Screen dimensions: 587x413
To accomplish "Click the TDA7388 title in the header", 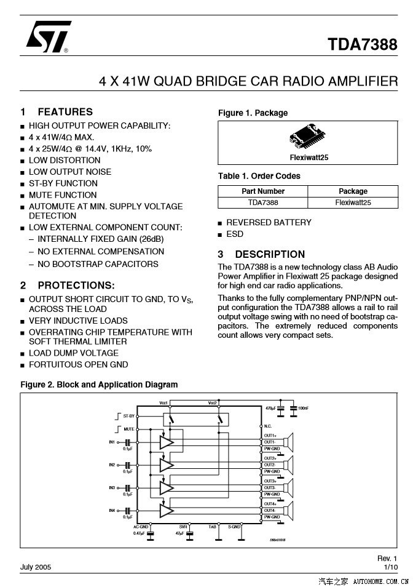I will [x=362, y=45].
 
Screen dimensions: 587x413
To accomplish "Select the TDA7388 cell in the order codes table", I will [x=263, y=202].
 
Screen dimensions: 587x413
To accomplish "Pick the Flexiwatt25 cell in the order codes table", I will [x=353, y=202].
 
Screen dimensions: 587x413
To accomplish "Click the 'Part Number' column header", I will [x=263, y=191].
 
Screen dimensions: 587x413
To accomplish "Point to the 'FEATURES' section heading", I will [x=65, y=112].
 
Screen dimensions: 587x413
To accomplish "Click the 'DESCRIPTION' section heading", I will [x=270, y=254].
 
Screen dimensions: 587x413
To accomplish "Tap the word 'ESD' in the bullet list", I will [x=235, y=234].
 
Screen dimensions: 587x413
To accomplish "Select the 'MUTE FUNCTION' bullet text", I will [x=63, y=195].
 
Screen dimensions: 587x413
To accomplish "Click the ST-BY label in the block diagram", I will [x=128, y=417].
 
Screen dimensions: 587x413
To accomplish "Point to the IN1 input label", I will [x=112, y=442].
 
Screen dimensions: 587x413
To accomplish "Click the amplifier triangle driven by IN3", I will [x=167, y=488].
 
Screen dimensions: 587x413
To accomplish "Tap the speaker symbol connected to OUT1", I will [x=290, y=442].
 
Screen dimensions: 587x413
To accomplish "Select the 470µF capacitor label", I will [x=270, y=408].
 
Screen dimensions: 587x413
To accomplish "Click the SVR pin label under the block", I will [x=183, y=527].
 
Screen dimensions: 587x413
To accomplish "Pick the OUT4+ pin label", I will [x=270, y=504].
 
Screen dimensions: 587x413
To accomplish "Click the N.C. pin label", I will [x=268, y=426].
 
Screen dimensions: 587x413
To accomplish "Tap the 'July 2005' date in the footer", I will [x=36, y=567].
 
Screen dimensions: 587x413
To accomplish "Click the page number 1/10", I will [x=390, y=567].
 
